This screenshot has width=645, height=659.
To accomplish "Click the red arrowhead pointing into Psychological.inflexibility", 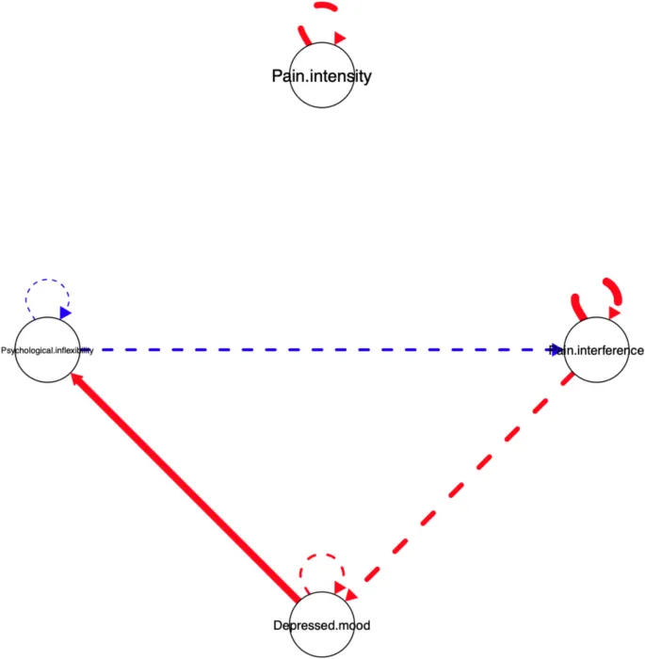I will pos(79,378).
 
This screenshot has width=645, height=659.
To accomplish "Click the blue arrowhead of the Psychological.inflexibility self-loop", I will pos(64,312).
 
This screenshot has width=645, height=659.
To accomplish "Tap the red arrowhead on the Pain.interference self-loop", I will pos(614,312).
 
